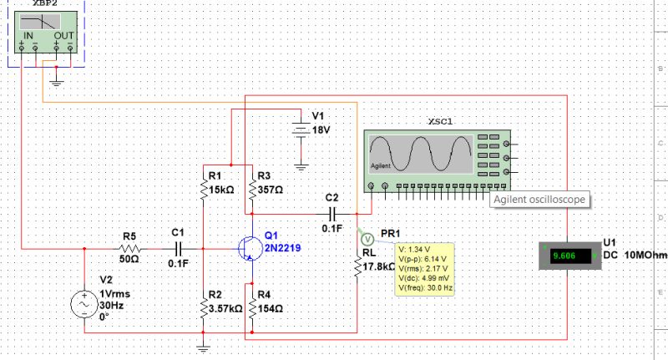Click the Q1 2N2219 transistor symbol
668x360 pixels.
point(247,248)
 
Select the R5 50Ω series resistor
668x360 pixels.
point(129,249)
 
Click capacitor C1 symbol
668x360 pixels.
point(177,249)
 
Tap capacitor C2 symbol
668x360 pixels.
point(331,212)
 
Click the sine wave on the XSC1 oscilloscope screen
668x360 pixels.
point(421,154)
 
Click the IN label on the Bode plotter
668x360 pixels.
point(28,36)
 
